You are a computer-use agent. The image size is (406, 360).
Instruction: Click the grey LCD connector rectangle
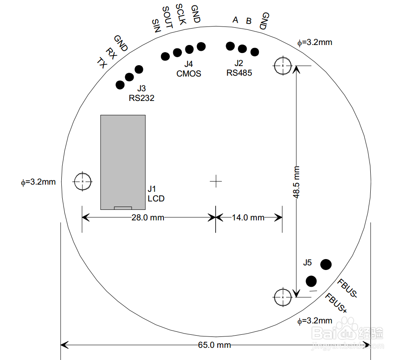[123, 162]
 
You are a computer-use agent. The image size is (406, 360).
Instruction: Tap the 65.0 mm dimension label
[214, 345]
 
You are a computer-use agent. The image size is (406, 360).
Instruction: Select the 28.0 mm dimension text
[148, 217]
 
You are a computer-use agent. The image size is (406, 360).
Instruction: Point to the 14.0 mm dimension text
[248, 217]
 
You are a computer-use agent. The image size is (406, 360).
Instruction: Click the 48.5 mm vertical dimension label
[296, 182]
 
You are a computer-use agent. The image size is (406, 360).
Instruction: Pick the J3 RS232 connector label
[142, 93]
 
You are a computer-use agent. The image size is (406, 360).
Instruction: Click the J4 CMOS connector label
[189, 69]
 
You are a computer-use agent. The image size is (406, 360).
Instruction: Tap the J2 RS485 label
[239, 68]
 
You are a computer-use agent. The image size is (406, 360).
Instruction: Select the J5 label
[307, 262]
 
